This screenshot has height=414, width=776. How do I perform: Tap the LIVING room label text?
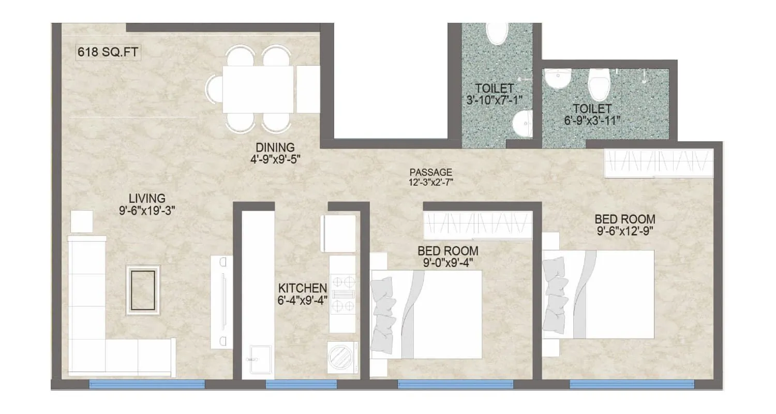coord(147,198)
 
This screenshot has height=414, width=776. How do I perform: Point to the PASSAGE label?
coord(431,172)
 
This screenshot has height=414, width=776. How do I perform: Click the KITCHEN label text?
coord(303,288)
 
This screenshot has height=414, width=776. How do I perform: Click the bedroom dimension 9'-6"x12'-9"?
coord(624,230)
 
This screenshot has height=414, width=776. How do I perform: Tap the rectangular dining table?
coord(258,90)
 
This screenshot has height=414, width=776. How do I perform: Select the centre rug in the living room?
coord(143,290)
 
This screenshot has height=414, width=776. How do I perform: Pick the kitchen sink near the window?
coord(257,359)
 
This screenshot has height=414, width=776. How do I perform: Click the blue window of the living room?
coord(147,384)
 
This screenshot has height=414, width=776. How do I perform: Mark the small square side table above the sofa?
coord(82,221)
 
